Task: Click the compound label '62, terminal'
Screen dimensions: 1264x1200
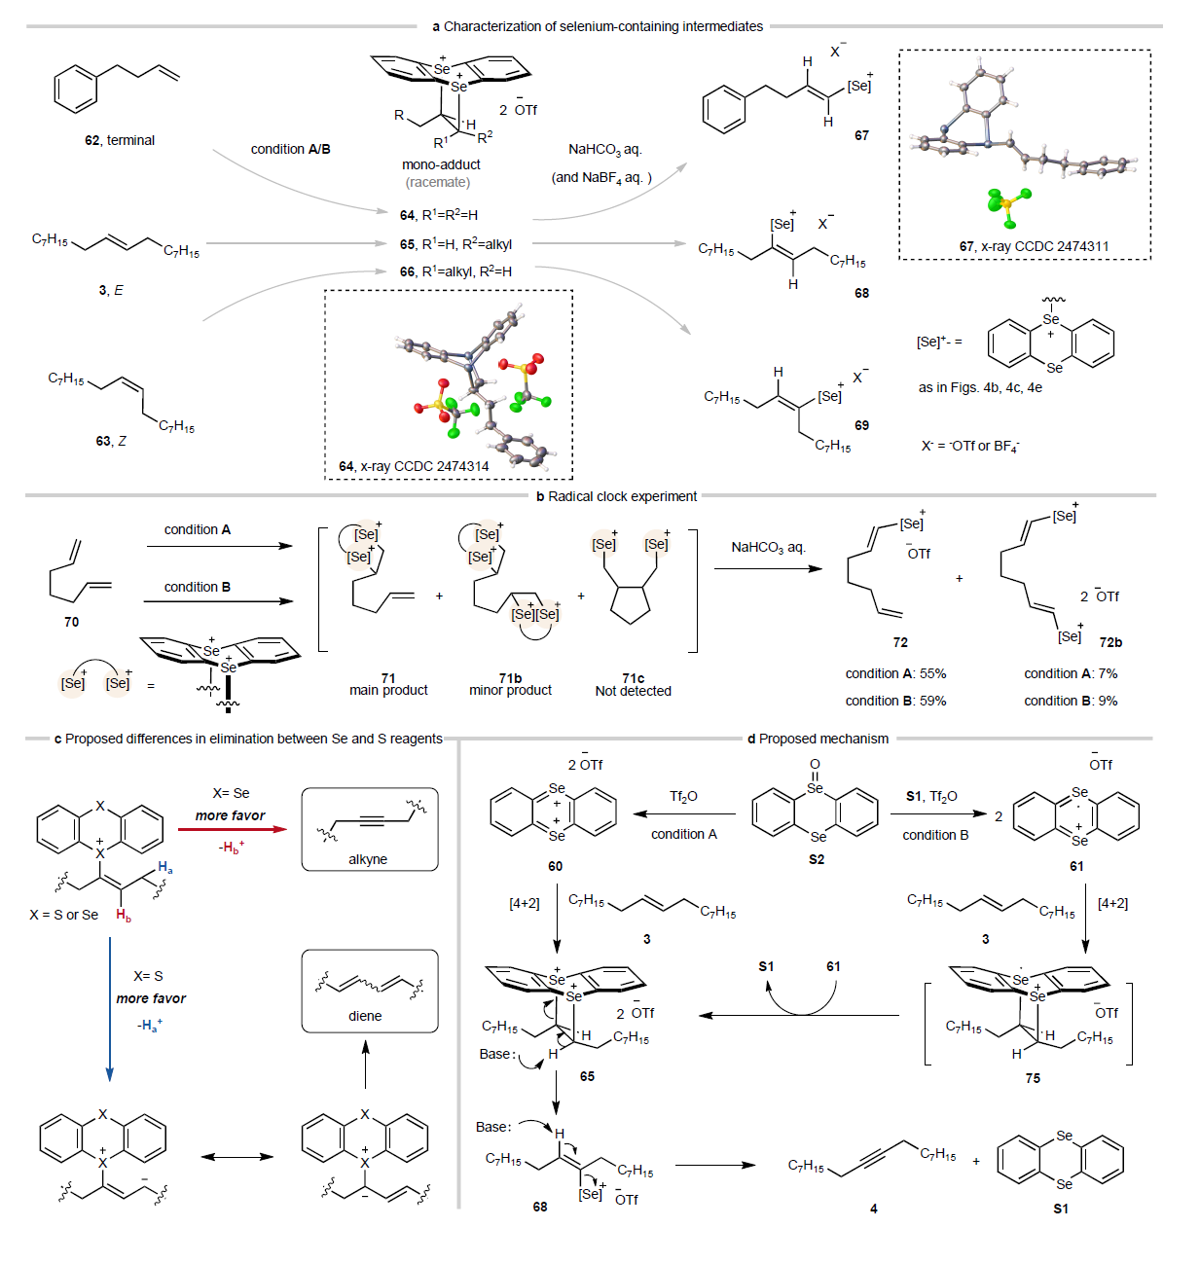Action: point(120,140)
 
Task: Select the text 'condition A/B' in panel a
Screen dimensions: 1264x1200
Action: point(290,149)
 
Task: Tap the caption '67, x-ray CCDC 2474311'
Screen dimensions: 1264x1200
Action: point(1034,246)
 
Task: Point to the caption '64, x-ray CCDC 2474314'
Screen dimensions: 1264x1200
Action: point(414,466)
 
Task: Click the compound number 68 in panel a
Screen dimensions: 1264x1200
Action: point(861,293)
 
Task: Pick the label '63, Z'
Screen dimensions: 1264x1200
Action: point(111,441)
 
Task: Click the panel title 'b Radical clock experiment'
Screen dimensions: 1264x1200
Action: point(617,496)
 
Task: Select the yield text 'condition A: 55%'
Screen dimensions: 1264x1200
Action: point(895,673)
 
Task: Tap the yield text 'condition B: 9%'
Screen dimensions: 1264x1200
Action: point(1071,701)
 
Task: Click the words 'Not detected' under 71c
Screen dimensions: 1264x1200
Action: point(633,691)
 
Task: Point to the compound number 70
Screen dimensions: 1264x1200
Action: point(71,622)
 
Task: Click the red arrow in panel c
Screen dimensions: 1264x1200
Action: point(233,829)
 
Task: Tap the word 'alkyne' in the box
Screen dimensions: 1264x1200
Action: point(368,859)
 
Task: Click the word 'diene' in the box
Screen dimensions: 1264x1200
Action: point(365,1016)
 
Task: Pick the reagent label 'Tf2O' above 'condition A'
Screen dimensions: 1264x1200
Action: point(683,796)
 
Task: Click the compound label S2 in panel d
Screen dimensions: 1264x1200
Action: point(816,859)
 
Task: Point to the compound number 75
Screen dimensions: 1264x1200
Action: point(1033,1078)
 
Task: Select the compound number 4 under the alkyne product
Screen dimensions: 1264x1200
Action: point(873,1209)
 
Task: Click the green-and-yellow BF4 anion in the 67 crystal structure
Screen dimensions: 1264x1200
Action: point(1006,203)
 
